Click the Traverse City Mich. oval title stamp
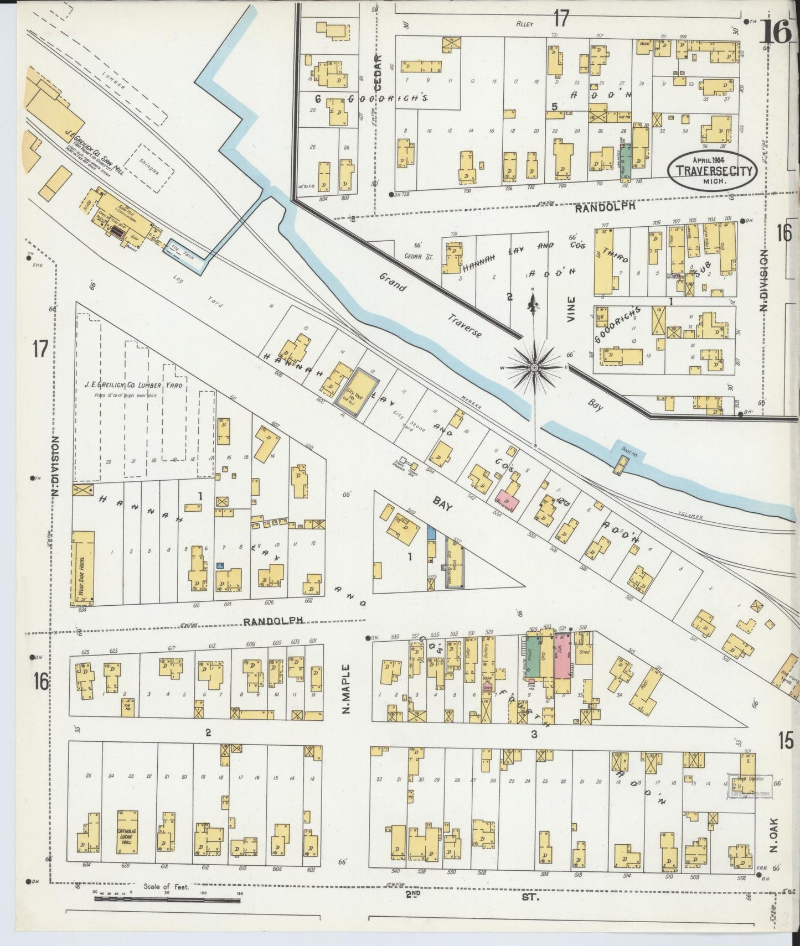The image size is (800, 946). coord(713,170)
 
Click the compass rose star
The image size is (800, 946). coord(534,367)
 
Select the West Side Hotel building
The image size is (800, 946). coord(83,568)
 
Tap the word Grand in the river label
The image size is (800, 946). coord(393,282)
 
